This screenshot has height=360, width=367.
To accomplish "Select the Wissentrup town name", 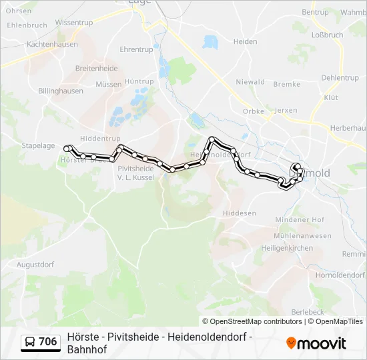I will point(74,22).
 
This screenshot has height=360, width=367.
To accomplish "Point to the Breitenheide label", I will point(96,68).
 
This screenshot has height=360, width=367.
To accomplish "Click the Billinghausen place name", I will point(61,91).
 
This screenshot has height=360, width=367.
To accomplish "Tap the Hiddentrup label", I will point(99,138).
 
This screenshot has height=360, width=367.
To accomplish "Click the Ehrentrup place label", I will point(136,49).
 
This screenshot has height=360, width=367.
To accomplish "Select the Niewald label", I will point(250,83).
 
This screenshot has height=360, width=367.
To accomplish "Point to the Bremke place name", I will point(287,84).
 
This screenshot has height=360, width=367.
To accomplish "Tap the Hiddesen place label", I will point(240,213).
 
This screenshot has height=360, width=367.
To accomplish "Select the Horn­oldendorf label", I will point(340,275).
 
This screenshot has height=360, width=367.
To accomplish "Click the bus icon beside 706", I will point(30,343).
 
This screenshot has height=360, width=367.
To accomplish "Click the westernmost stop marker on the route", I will point(67,148).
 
